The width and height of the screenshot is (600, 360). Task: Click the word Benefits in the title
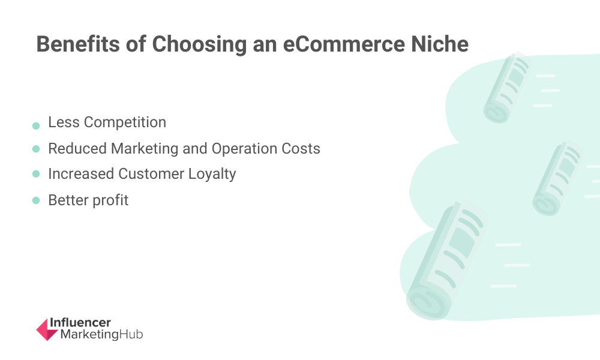(78, 44)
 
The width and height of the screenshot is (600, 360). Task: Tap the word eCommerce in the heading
(344, 44)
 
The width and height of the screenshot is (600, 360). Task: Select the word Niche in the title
(440, 44)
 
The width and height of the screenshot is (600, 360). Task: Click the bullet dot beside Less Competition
(36, 126)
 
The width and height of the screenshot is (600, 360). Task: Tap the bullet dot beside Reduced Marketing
(36, 149)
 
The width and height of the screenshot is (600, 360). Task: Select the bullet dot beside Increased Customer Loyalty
(36, 174)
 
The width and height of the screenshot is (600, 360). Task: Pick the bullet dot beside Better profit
(36, 200)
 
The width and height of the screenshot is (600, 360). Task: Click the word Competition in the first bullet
(125, 123)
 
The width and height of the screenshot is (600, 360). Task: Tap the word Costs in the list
(301, 148)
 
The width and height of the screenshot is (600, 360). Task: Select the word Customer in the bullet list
(151, 173)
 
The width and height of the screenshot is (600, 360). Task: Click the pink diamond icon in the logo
(47, 329)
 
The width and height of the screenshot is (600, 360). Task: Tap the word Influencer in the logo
(80, 323)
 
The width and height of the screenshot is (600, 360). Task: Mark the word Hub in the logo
(131, 334)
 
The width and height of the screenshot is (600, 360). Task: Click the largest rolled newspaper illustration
(446, 260)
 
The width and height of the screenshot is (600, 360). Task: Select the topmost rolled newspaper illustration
(506, 88)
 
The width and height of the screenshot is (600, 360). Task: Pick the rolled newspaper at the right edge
(557, 178)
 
